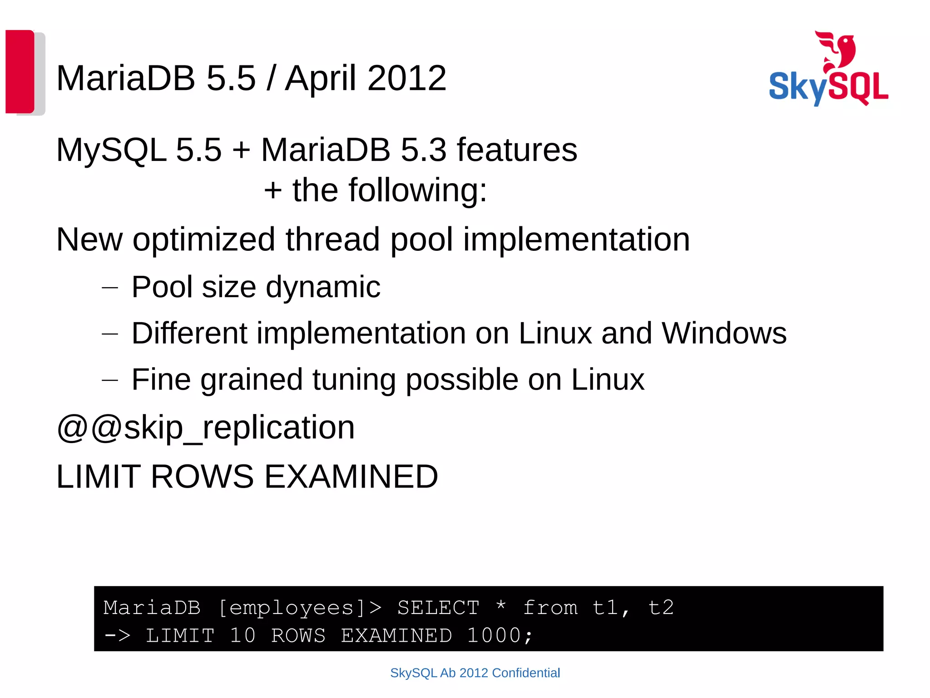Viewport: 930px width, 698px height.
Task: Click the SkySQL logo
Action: pyautogui.click(x=828, y=86)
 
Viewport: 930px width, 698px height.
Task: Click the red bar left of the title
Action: pyautogui.click(x=20, y=71)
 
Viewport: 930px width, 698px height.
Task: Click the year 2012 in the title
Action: pyautogui.click(x=407, y=78)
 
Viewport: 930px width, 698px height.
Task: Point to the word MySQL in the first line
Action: pyautogui.click(x=111, y=150)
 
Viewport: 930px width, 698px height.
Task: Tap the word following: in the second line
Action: pyautogui.click(x=417, y=190)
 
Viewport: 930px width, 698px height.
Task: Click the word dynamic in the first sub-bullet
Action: pyautogui.click(x=323, y=287)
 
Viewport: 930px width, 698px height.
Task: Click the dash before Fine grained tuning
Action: pyautogui.click(x=110, y=379)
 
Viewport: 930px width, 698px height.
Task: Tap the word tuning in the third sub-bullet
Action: pyautogui.click(x=354, y=380)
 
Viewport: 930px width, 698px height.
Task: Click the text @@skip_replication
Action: pyautogui.click(x=205, y=428)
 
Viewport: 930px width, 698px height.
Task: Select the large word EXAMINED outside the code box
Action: pyautogui.click(x=351, y=477)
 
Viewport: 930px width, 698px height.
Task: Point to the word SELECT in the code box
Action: pyautogui.click(x=438, y=608)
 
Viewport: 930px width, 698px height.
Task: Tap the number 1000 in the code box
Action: pyautogui.click(x=494, y=635)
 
